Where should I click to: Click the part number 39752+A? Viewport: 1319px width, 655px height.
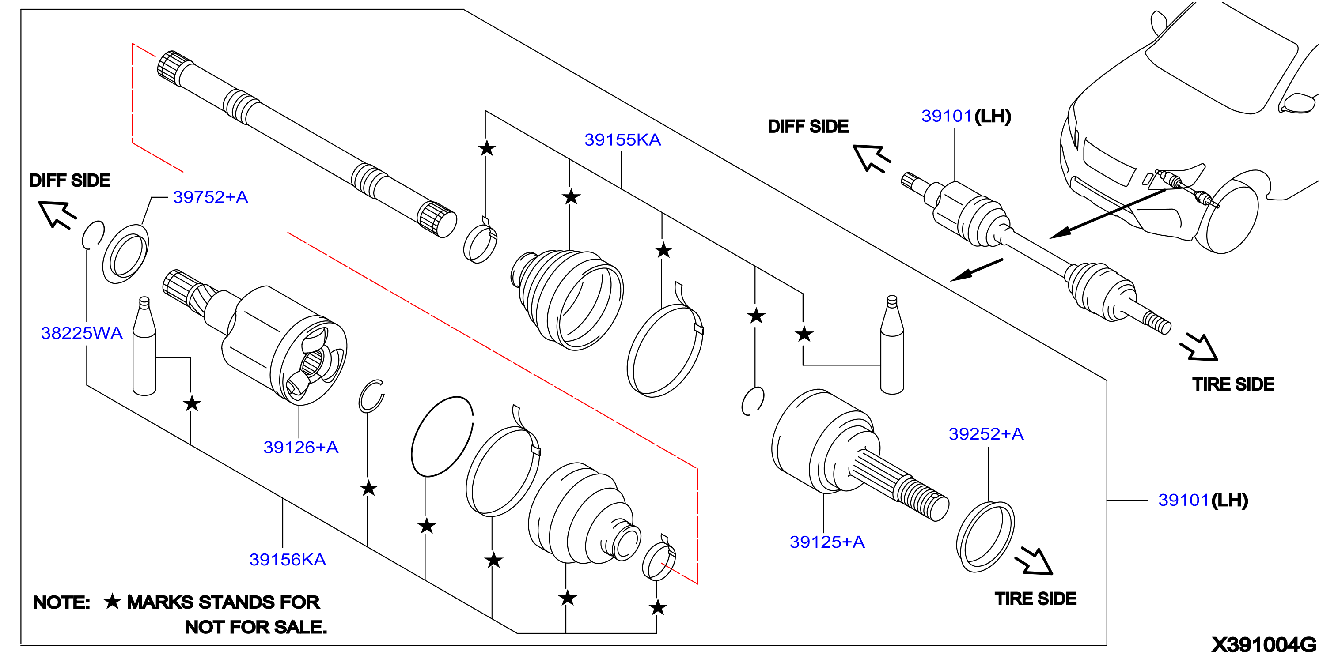pos(210,197)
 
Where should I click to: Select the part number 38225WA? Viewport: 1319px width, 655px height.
pos(82,333)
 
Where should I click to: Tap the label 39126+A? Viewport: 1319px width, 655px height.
pos(301,447)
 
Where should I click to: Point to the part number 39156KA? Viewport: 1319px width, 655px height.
pos(288,559)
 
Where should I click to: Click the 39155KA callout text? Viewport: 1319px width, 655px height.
pos(623,140)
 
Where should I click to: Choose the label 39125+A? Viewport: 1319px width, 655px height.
pos(827,542)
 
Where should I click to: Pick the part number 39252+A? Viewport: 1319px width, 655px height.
pos(986,434)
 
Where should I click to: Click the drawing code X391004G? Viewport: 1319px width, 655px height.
pos(1264,645)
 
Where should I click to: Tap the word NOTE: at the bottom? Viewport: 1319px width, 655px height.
pos(61,602)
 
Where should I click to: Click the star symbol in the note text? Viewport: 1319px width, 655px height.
pos(112,601)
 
